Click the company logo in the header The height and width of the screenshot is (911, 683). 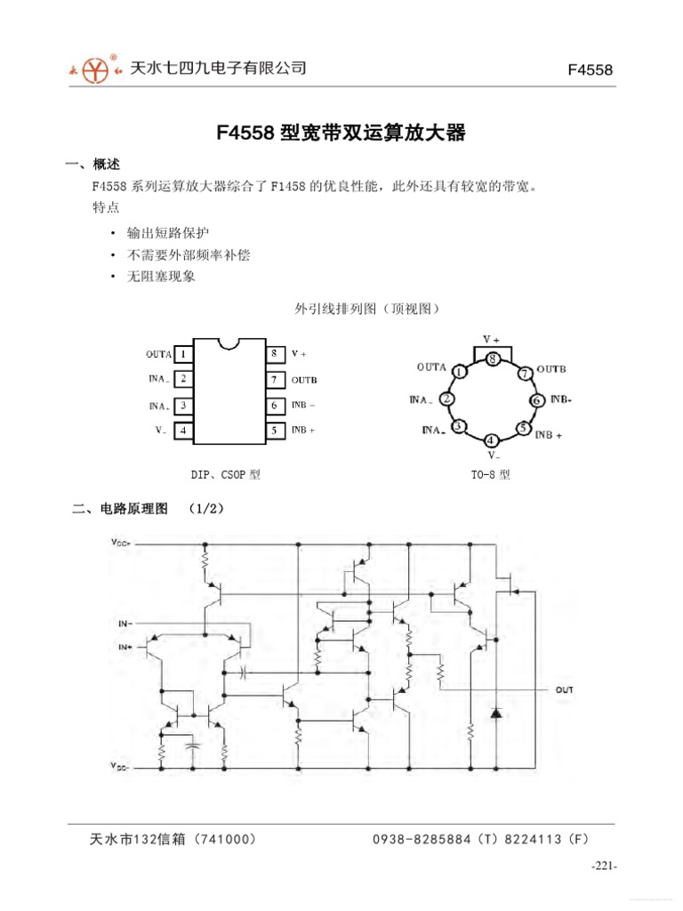click(94, 68)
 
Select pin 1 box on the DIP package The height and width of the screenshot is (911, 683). click(183, 354)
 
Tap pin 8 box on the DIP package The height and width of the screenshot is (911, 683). click(274, 354)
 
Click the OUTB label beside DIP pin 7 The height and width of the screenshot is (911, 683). click(304, 380)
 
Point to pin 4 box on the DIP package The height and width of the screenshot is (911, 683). click(183, 431)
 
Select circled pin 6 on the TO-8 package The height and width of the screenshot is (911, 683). click(536, 400)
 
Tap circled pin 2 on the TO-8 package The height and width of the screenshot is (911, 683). click(447, 399)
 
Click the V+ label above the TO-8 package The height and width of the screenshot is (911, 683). click(492, 339)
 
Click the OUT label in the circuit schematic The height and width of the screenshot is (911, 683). click(565, 689)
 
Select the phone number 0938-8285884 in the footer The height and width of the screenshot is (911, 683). click(418, 839)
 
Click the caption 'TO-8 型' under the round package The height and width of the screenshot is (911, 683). click(491, 475)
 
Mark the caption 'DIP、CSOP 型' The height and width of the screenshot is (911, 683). click(226, 475)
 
